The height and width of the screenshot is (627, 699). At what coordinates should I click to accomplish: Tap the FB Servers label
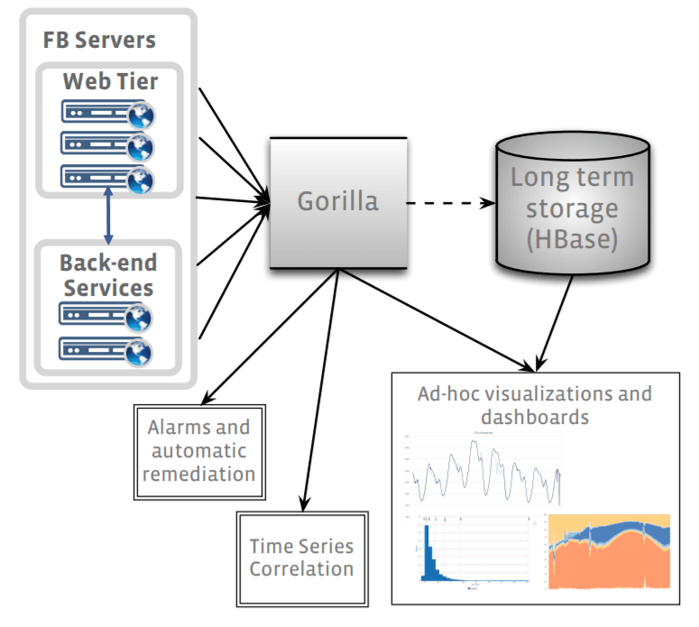(x=99, y=41)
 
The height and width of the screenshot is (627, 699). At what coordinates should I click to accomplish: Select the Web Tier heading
(x=110, y=81)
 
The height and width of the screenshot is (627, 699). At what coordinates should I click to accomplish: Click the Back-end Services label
(x=107, y=275)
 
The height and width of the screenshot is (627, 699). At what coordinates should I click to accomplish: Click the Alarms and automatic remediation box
(x=198, y=449)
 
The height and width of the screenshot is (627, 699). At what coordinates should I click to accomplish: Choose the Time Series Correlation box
(x=301, y=558)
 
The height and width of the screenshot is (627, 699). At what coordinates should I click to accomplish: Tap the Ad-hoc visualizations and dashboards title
(x=534, y=406)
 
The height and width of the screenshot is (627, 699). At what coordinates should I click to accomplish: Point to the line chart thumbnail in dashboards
(x=487, y=469)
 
